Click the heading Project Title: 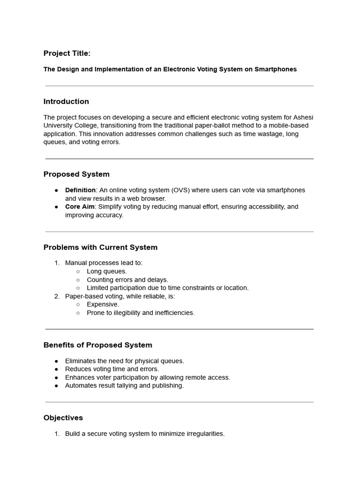(67, 53)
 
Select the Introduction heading (66, 102)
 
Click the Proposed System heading (76, 174)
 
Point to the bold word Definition (80, 190)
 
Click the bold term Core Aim (79, 207)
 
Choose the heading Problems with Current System (100, 247)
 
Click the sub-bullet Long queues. (107, 271)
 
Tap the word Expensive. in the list (103, 305)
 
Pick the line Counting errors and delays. (127, 280)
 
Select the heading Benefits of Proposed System (97, 345)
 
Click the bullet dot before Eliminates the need (56, 361)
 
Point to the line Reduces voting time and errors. (112, 369)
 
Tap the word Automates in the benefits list (80, 386)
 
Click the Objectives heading (63, 418)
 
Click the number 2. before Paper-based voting (57, 296)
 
